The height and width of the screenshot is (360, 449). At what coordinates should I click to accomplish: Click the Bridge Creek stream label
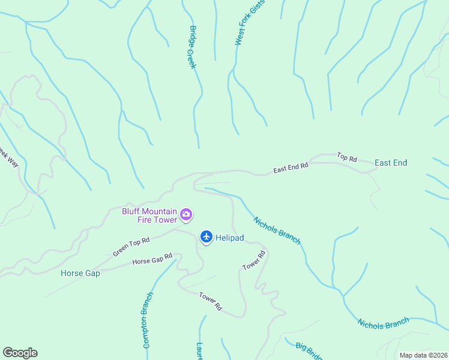(x=193, y=47)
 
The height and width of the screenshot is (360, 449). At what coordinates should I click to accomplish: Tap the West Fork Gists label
(x=249, y=23)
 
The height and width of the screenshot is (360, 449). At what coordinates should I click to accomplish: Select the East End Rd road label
(x=291, y=167)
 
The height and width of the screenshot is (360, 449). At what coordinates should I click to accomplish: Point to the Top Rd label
(x=347, y=157)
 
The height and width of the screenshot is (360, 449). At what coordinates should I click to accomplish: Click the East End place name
(x=391, y=163)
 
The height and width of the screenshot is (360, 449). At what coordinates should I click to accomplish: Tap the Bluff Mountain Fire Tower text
(x=149, y=215)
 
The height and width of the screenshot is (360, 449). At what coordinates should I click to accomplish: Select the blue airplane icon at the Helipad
(x=206, y=238)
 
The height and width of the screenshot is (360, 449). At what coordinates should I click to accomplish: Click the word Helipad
(x=230, y=238)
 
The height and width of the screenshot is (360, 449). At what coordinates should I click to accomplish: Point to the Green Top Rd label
(x=131, y=246)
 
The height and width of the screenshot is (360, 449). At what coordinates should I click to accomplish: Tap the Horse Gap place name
(x=80, y=273)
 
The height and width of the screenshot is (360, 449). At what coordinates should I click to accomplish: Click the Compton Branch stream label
(x=148, y=320)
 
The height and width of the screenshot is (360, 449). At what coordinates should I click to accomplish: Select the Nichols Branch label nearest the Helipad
(x=277, y=230)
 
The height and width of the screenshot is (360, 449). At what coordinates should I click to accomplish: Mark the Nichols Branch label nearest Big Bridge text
(x=383, y=322)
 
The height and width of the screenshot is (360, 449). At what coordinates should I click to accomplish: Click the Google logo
(x=20, y=353)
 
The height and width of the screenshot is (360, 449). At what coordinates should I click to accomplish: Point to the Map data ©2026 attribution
(x=423, y=355)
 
